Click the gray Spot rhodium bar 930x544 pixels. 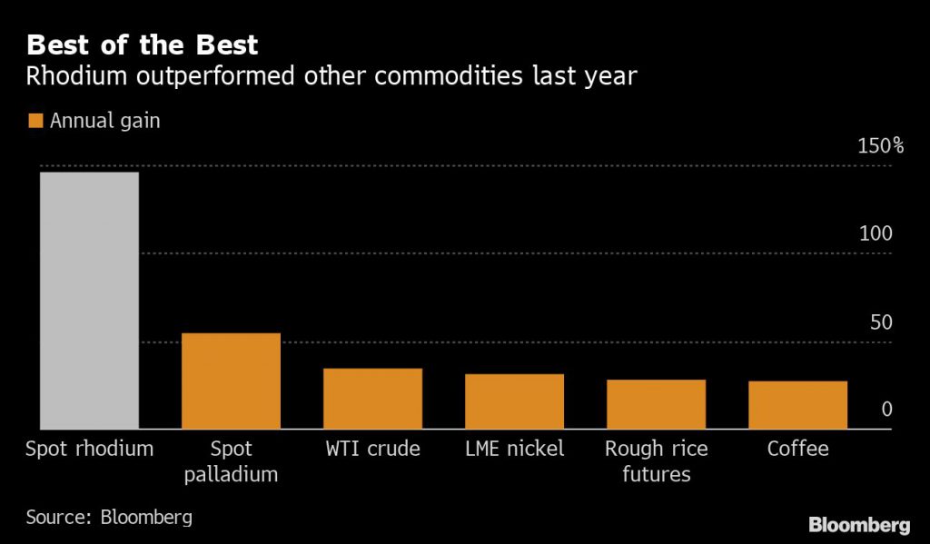click(x=88, y=300)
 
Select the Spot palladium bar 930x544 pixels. click(x=231, y=381)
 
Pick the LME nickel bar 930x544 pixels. click(x=514, y=401)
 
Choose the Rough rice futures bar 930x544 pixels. click(x=656, y=403)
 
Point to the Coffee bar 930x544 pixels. click(x=797, y=404)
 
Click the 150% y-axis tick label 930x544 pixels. click(x=880, y=145)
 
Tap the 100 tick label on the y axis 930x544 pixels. click(x=876, y=233)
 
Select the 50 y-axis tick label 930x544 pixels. click(x=881, y=322)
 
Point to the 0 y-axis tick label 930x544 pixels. click(x=886, y=410)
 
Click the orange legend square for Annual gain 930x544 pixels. click(x=35, y=121)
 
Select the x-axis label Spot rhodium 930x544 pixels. click(x=89, y=449)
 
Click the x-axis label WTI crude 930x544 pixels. click(x=372, y=449)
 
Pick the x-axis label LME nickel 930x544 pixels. click(x=514, y=449)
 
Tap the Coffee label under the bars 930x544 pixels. click(x=797, y=449)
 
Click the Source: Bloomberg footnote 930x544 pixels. click(x=109, y=518)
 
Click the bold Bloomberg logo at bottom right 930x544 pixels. click(x=858, y=525)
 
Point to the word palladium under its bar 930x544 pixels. click(x=231, y=475)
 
